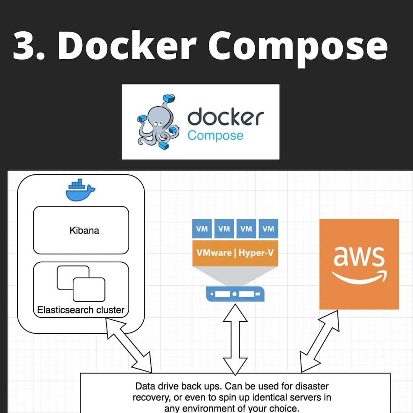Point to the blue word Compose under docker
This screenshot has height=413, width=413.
point(215,136)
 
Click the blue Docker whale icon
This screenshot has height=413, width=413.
point(80,190)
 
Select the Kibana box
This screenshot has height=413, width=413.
point(81,230)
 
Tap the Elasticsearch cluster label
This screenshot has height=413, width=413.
point(81,310)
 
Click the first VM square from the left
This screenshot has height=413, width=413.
point(202,229)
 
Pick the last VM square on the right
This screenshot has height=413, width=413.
point(268,229)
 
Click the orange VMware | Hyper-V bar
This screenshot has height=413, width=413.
point(235,253)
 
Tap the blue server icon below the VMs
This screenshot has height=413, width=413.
point(235,294)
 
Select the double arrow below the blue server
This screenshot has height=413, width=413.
point(235,340)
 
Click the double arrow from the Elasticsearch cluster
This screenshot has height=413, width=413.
point(129,345)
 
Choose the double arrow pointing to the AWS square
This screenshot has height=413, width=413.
point(319,341)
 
